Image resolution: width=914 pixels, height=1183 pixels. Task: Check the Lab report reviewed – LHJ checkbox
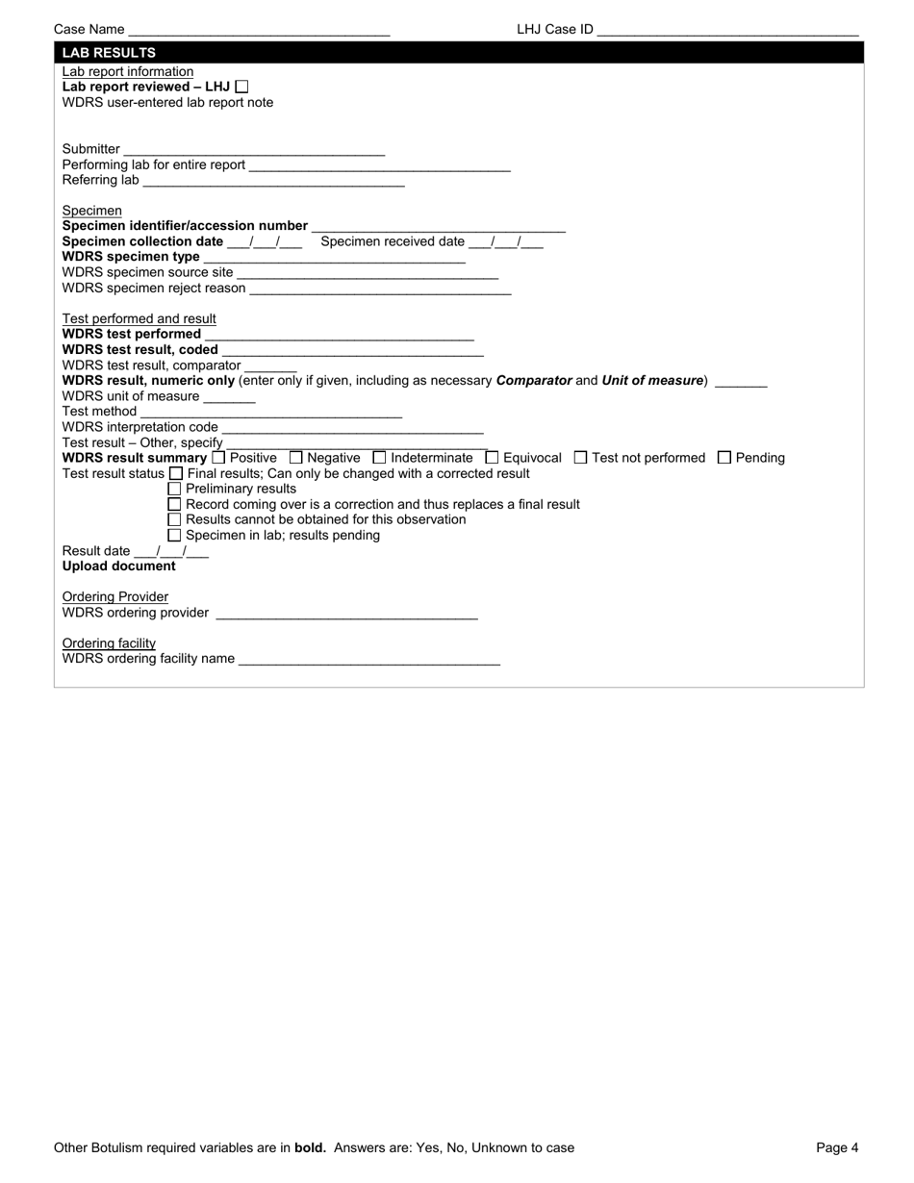[241, 87]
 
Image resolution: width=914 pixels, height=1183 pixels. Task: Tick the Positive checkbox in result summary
[218, 458]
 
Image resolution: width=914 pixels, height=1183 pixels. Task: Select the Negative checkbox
[296, 458]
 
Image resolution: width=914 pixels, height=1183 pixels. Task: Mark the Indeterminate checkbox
[379, 458]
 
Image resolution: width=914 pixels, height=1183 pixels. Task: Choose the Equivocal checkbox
[493, 458]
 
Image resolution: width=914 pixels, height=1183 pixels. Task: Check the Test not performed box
[580, 458]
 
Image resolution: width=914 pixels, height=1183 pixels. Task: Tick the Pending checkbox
[724, 458]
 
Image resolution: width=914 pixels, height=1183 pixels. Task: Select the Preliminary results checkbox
[174, 489]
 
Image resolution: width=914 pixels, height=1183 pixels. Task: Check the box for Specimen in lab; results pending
[174, 535]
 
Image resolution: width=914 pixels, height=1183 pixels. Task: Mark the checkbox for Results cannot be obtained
[174, 519]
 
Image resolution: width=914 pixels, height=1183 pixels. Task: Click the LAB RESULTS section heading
[109, 53]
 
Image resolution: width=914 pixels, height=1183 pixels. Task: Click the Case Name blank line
[258, 31]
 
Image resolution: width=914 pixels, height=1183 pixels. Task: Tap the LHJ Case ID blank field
[726, 31]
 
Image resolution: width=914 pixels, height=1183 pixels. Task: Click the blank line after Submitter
[254, 150]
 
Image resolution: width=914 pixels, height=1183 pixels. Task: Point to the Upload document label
[119, 566]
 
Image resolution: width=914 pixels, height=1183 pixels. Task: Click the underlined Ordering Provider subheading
[115, 597]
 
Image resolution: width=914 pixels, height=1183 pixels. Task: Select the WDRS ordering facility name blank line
[368, 660]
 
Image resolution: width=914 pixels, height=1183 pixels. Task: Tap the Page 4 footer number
[837, 1147]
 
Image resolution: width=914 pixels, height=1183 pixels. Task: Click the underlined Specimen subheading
[92, 211]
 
